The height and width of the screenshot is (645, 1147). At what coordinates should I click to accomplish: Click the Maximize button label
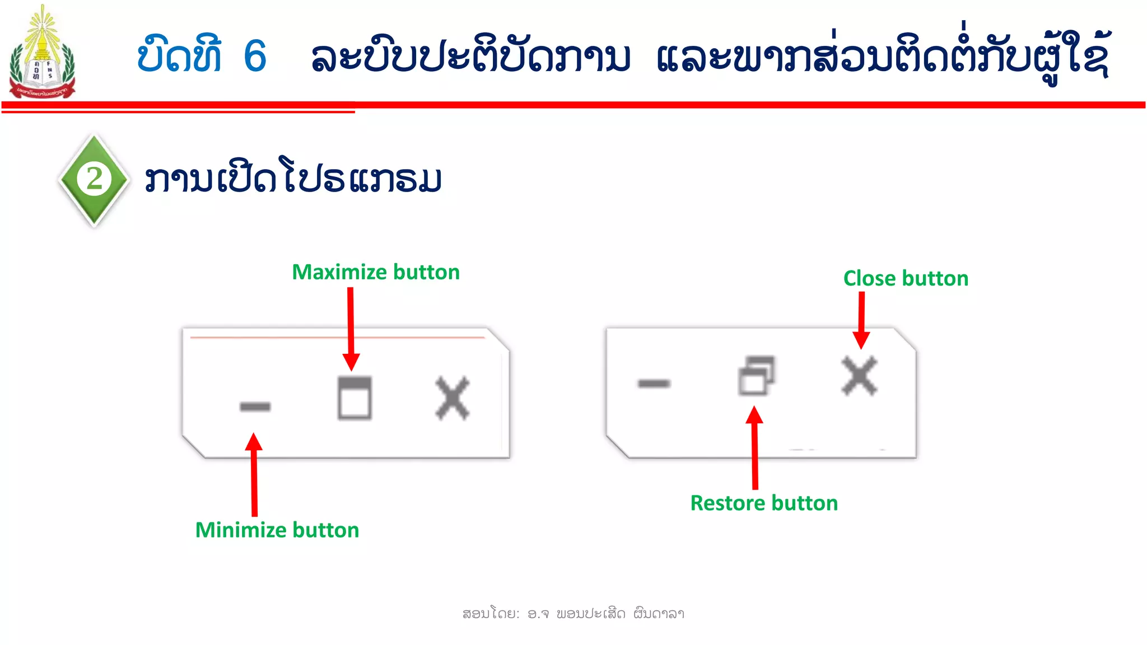376,272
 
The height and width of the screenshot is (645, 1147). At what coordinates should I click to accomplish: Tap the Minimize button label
277,530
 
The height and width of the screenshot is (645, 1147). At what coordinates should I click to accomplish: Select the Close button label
906,278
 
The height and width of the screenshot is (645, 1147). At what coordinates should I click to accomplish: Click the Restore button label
764,503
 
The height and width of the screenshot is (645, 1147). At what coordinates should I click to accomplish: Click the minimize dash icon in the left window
255,406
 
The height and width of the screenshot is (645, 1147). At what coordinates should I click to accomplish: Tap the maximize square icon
355,398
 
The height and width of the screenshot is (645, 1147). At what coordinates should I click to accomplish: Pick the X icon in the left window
453,398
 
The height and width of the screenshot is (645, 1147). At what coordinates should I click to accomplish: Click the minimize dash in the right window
654,384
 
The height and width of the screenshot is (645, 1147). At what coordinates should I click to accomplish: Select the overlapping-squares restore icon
756,376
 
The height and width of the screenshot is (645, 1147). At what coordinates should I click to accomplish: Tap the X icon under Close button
859,376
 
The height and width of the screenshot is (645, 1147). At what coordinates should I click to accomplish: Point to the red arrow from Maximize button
351,328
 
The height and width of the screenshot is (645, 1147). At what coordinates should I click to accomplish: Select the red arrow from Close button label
861,319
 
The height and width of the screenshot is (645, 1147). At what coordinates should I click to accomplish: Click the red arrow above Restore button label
755,448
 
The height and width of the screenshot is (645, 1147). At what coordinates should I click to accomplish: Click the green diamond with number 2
94,180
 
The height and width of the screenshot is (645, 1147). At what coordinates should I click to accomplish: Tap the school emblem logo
42,53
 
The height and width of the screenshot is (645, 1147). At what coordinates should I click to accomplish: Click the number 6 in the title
255,57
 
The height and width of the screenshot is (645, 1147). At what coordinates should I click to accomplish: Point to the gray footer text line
573,614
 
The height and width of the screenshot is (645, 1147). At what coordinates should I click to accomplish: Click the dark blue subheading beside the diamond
293,179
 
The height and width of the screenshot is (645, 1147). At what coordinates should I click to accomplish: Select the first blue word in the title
179,56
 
